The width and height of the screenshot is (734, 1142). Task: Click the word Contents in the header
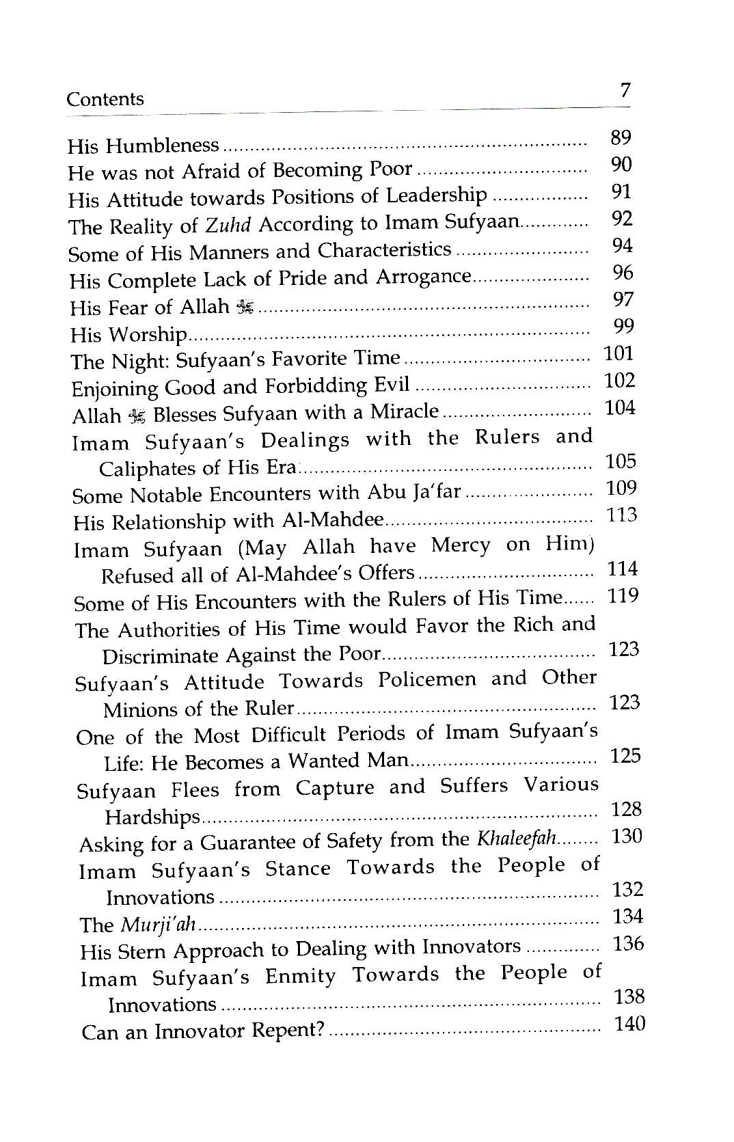click(x=105, y=99)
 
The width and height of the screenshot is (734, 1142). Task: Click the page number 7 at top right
click(x=624, y=90)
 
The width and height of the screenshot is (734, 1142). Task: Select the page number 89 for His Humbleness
click(x=620, y=137)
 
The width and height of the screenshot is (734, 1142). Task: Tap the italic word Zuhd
click(x=226, y=225)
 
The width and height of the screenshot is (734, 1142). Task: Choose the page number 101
click(x=619, y=353)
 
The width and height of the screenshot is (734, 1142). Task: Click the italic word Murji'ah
click(x=159, y=925)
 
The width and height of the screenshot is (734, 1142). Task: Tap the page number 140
click(x=629, y=1023)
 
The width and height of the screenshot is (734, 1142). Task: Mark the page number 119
click(x=623, y=595)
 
